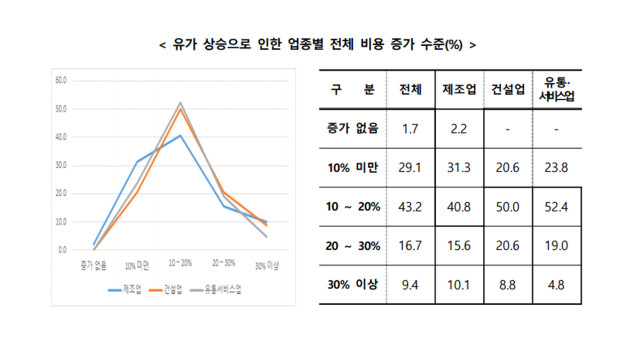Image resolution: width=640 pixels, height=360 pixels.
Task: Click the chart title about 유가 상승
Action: coord(318,45)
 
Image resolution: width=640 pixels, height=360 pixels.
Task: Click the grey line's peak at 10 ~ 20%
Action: coord(180,102)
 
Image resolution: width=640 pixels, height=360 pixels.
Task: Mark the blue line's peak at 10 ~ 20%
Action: coord(180,135)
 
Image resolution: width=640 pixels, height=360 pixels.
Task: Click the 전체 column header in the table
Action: coord(410,89)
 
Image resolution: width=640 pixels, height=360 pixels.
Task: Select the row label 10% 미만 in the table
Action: coord(349,167)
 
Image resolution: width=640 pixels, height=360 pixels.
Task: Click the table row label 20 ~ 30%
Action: coord(349,245)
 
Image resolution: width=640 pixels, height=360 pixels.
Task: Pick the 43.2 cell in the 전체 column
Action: coord(410,206)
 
